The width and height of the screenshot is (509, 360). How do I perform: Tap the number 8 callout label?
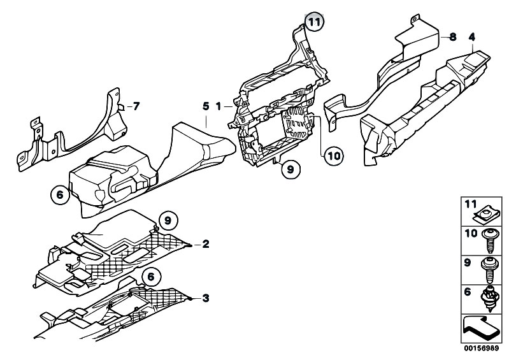click(452, 37)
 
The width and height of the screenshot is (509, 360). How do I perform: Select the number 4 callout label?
click(471, 37)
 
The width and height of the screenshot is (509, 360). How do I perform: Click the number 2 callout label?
click(205, 244)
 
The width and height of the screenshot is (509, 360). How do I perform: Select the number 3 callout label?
click(205, 298)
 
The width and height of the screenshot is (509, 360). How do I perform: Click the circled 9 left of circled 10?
click(290, 169)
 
